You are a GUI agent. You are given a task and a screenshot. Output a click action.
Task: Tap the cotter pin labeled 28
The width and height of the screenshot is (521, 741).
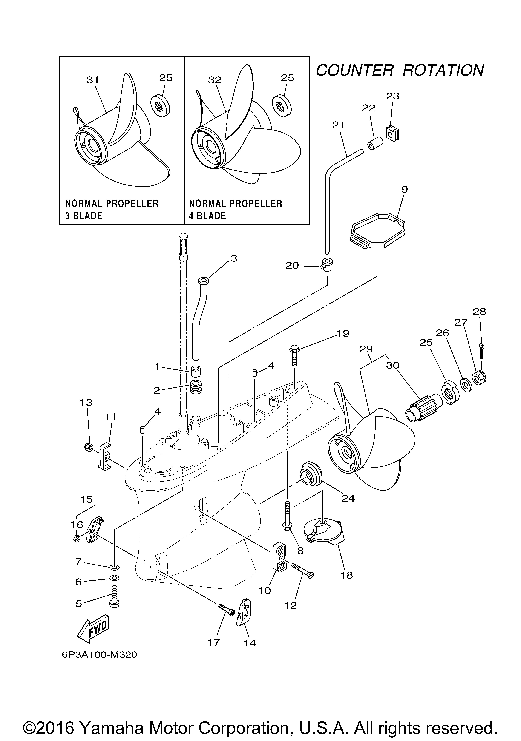[481, 351]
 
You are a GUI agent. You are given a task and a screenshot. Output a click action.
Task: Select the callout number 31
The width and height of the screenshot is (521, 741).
[93, 80]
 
